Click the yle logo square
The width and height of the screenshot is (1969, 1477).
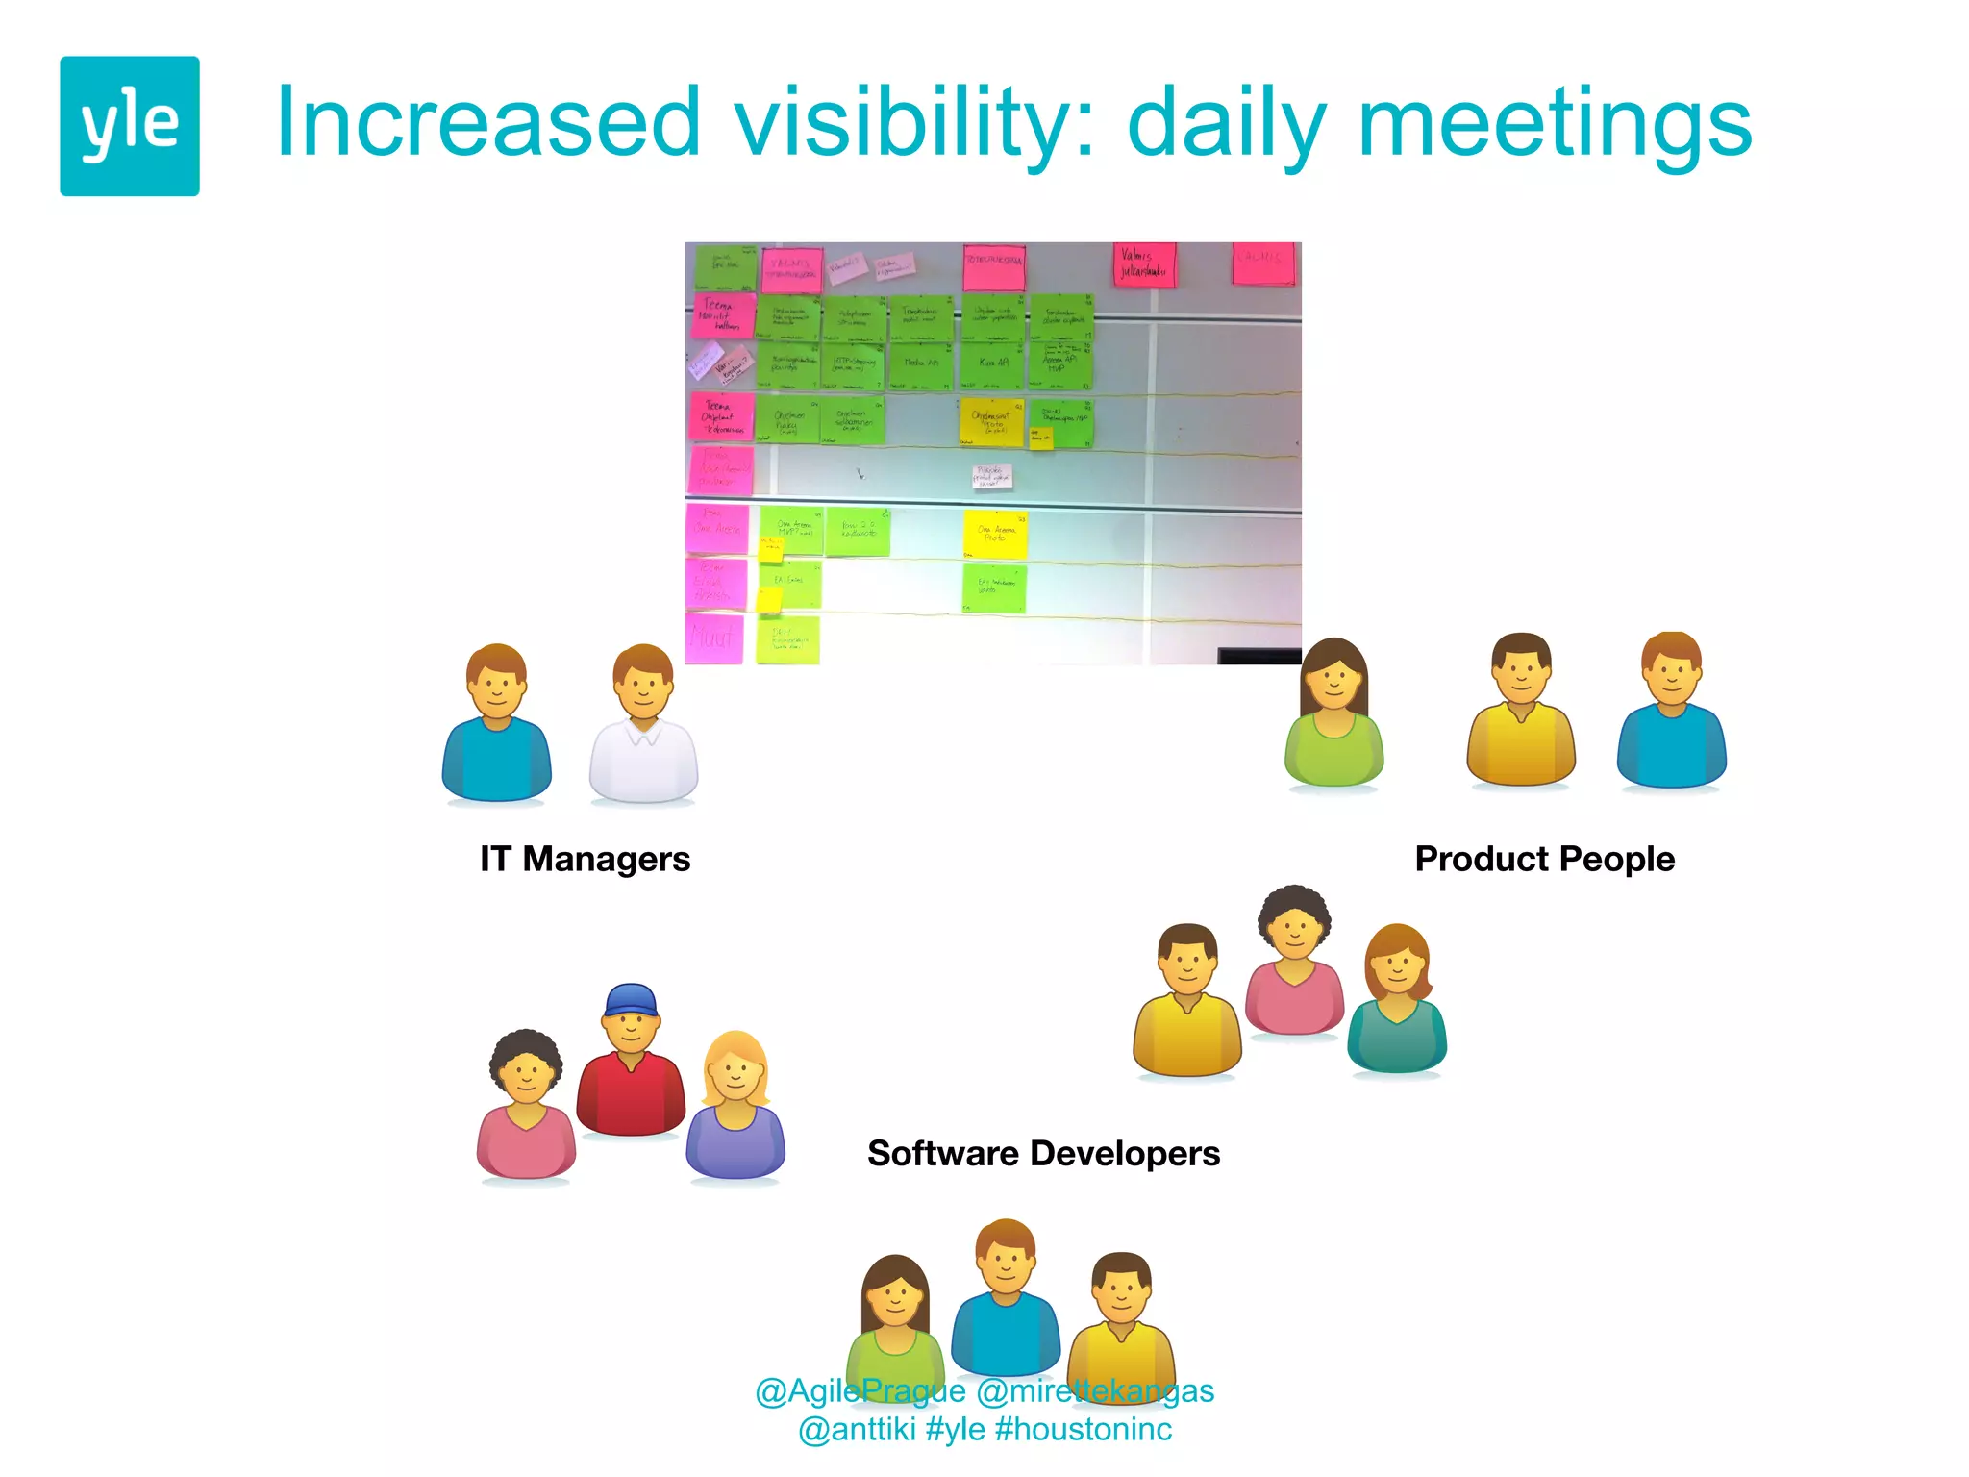click(x=130, y=126)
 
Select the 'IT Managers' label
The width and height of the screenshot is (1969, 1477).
click(x=585, y=859)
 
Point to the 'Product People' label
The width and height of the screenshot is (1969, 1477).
click(x=1544, y=859)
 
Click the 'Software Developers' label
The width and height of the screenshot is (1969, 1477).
click(x=1043, y=1153)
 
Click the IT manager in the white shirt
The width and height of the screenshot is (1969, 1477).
click(x=643, y=726)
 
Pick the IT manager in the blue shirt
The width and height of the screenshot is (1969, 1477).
click(x=496, y=726)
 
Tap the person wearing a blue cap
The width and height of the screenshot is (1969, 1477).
click(x=631, y=1063)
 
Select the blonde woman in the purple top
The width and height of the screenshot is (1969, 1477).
click(x=735, y=1106)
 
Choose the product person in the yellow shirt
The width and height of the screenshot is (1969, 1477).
click(x=1520, y=712)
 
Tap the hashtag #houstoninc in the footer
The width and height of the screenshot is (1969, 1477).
click(x=1084, y=1430)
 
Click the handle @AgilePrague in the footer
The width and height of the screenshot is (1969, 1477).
click(x=860, y=1391)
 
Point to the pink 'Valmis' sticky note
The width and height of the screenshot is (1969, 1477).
click(x=1143, y=264)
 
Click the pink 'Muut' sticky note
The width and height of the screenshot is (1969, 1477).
click(x=713, y=638)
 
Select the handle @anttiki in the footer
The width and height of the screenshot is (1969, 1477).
click(x=857, y=1430)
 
